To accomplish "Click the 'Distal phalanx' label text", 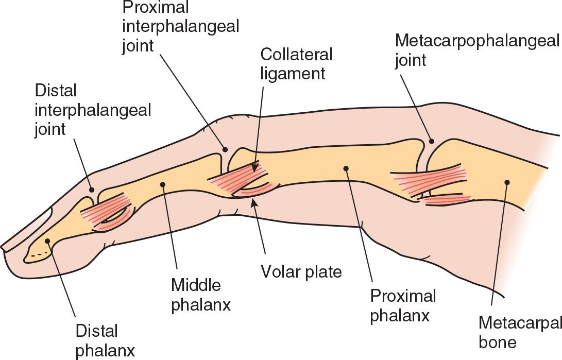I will [105, 340].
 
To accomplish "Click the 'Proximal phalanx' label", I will [403, 305].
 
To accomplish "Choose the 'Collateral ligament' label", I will [296, 63].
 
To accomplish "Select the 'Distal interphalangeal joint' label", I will [93, 110].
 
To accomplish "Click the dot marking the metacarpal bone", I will [507, 182].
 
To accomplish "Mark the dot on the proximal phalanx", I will [346, 167].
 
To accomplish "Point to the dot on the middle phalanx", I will [163, 183].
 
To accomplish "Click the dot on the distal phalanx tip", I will [47, 241].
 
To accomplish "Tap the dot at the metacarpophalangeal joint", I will [432, 141].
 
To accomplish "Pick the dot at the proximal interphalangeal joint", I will [225, 149].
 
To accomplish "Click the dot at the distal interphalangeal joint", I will [92, 190].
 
